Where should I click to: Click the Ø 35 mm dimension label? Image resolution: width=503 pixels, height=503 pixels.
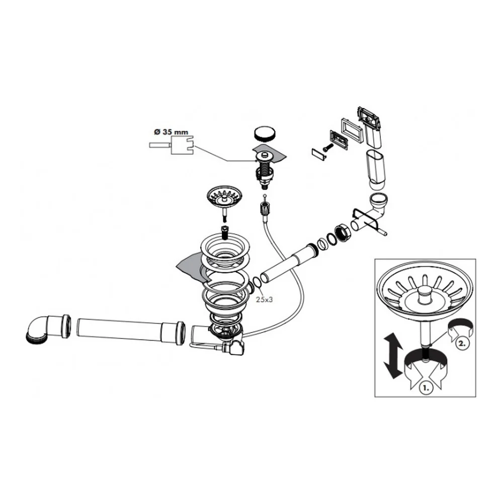pyautogui.click(x=171, y=132)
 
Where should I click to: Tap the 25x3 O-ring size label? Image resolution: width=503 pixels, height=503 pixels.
pyautogui.click(x=265, y=300)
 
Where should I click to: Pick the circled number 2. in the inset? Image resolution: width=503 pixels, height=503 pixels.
pyautogui.click(x=462, y=343)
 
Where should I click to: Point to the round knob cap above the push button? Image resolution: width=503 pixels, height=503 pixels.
pyautogui.click(x=265, y=133)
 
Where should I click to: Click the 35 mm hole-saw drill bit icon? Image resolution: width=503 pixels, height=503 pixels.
pyautogui.click(x=172, y=145)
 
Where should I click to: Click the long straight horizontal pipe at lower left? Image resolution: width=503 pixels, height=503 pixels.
pyautogui.click(x=131, y=331)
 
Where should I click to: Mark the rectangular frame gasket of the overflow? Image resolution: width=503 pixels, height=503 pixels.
pyautogui.click(x=352, y=129)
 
